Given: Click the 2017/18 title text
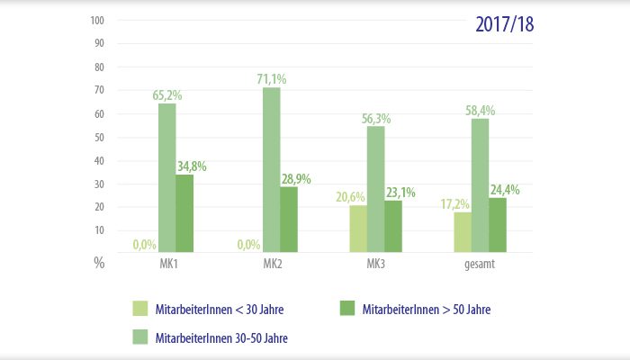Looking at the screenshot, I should pos(504,23).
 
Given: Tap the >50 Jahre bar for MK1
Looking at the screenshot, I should pos(184,213).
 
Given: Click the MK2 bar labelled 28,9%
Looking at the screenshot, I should pos(289,220).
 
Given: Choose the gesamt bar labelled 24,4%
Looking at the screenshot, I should pos(497,225).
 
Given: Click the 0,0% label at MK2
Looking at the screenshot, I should pos(248,244).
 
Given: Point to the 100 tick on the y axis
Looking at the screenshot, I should pos(99,21).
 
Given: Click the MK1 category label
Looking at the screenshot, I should pos(167,264).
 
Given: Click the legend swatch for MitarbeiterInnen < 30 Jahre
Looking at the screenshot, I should pos(140,310).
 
